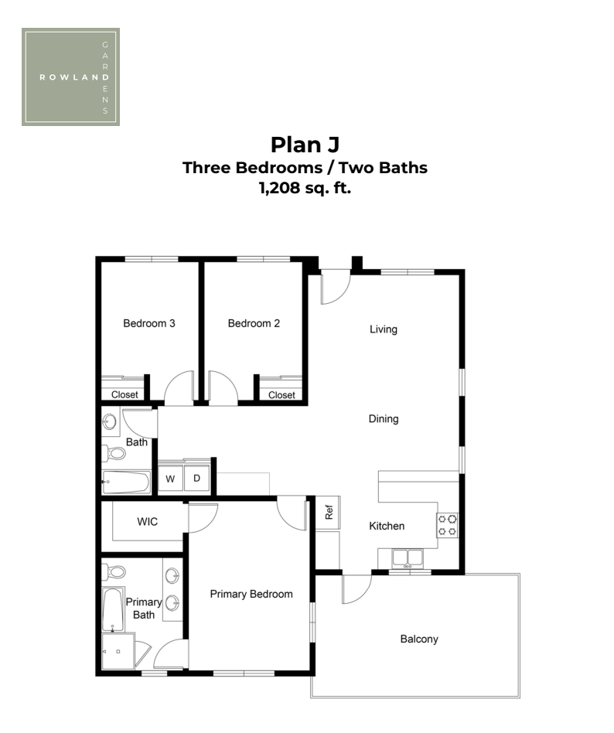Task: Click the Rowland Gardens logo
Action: pos(70,77)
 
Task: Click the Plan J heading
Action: pos(305,145)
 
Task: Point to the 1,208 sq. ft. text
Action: pos(305,188)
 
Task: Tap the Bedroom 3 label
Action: pos(149,323)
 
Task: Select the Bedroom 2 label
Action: pos(254,323)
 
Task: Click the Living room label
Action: pos(384,329)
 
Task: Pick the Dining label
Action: pos(384,419)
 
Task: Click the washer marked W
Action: pos(170,478)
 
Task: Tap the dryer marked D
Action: pos(197,478)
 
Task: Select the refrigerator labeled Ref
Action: pos(329,513)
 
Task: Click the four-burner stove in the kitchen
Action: pos(448,525)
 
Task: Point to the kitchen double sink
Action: pos(408,558)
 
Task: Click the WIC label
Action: pos(147,522)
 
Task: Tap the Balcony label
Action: pos(419,639)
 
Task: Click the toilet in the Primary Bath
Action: pos(114,571)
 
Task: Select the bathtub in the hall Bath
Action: pos(126,482)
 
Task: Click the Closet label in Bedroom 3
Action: pos(125,394)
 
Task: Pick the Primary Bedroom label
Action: pos(251,594)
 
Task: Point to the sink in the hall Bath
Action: pos(110,421)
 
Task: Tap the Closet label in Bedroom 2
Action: pos(281,395)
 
